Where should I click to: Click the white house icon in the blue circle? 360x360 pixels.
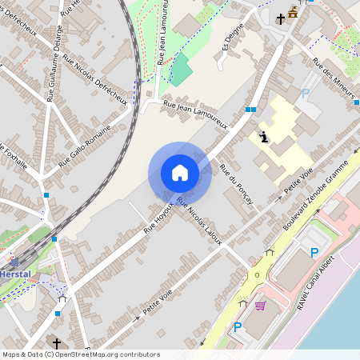coord(180,173)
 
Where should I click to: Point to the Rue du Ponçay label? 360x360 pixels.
coord(236,184)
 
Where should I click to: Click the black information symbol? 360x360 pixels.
coord(264,137)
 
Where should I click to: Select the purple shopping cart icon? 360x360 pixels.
coord(259,305)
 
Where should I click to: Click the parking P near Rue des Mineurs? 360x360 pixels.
coord(305,94)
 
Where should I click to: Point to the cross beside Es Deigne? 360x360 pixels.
coord(281,19)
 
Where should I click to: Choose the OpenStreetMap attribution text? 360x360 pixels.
coord(81,354)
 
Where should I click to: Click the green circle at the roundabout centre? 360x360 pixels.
coord(258,275)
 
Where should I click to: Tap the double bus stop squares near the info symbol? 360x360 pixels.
coord(251,110)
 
